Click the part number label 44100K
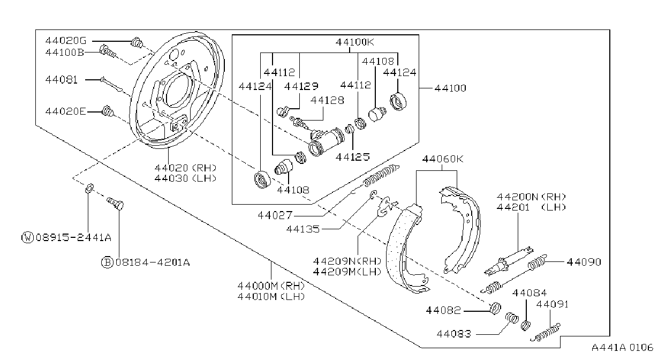pyautogui.click(x=354, y=42)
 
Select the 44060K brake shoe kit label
pyautogui.click(x=443, y=159)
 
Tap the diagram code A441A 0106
pyautogui.click(x=623, y=348)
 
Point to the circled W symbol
pyautogui.click(x=28, y=237)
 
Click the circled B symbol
pyautogui.click(x=107, y=262)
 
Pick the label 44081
pyautogui.click(x=62, y=80)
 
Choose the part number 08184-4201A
pyautogui.click(x=153, y=262)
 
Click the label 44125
pyautogui.click(x=352, y=157)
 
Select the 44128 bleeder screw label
pyautogui.click(x=327, y=101)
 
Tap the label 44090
pyautogui.click(x=584, y=262)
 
